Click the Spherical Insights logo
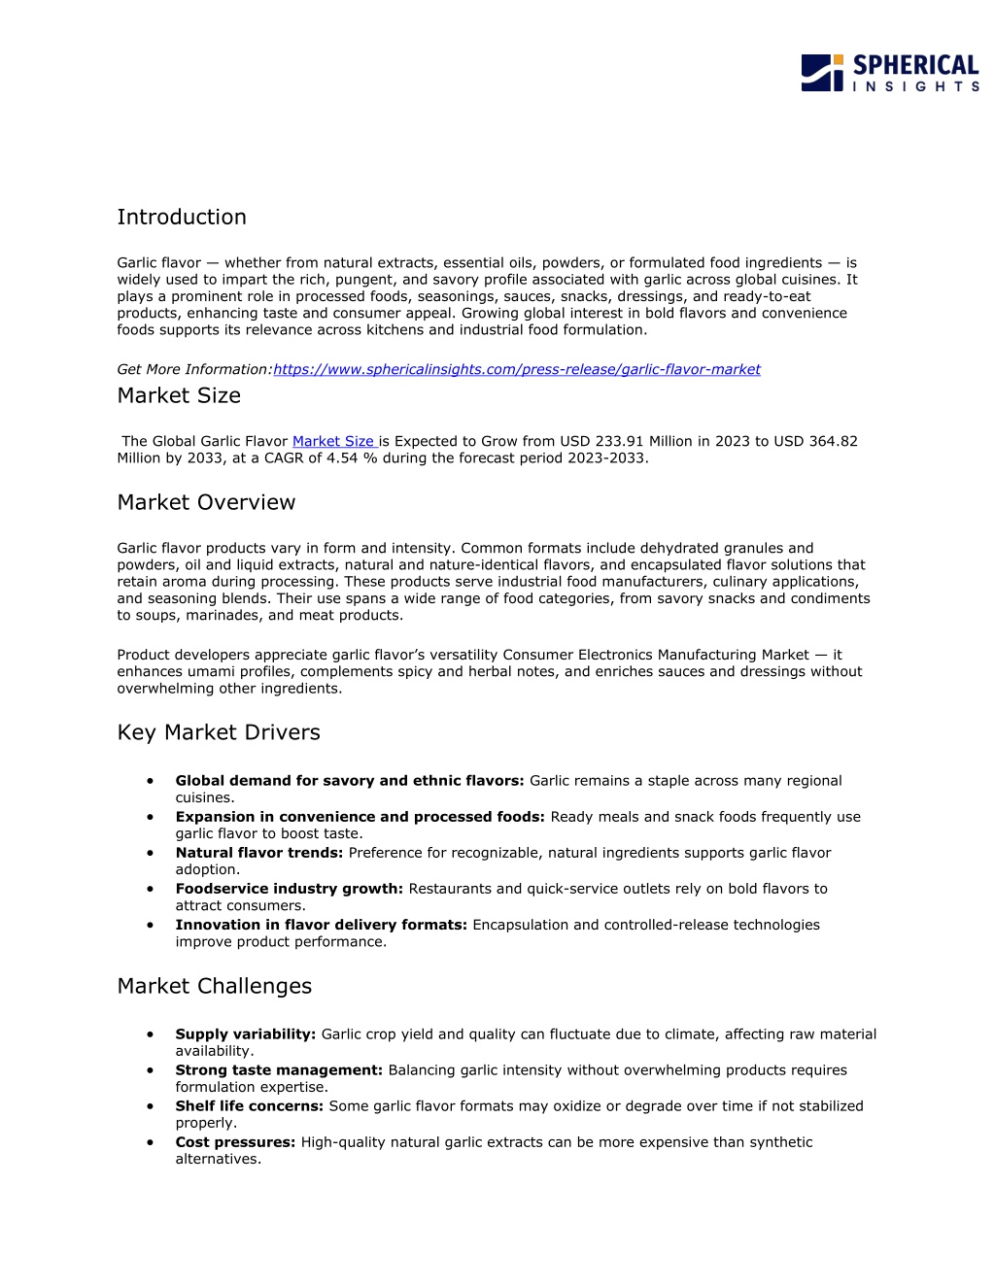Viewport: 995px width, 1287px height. [889, 73]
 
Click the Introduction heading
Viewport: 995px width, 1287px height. [182, 218]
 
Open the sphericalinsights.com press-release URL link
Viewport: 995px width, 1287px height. [516, 370]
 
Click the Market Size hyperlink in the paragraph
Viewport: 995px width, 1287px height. [333, 442]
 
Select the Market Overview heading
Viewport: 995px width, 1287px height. [206, 503]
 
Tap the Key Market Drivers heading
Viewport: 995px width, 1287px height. [219, 733]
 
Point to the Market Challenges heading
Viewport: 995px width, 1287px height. [215, 987]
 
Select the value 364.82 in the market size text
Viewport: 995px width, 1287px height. [833, 442]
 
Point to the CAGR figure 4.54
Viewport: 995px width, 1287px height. [342, 458]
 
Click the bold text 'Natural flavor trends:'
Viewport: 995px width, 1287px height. [258, 853]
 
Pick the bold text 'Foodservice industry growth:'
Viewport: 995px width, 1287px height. [289, 889]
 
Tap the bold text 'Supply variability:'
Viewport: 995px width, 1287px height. [245, 1034]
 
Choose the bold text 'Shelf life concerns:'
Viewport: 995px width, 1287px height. [249, 1106]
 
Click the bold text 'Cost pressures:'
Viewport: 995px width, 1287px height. [235, 1142]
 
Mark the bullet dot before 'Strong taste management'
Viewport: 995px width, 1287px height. [151, 1070]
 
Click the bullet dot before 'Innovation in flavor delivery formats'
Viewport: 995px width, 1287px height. [151, 925]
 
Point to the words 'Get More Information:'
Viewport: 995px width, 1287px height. [194, 370]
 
